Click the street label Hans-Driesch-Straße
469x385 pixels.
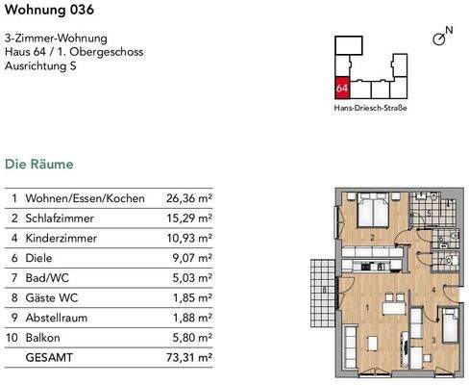pyautogui.click(x=370, y=109)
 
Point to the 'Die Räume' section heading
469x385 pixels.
pyautogui.click(x=39, y=165)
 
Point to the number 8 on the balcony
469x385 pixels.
pyautogui.click(x=324, y=290)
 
